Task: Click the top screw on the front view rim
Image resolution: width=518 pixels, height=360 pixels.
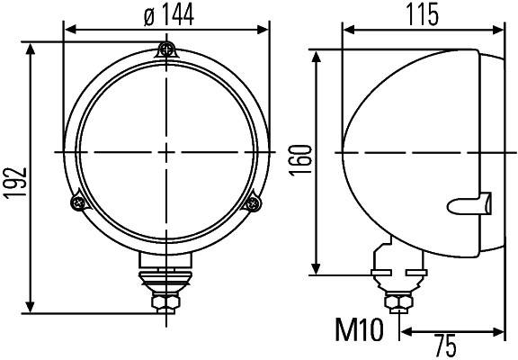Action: pyautogui.click(x=166, y=50)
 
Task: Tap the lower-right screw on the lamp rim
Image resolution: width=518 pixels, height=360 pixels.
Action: pyautogui.click(x=254, y=204)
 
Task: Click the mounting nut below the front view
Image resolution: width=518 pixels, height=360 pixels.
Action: pyautogui.click(x=165, y=302)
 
